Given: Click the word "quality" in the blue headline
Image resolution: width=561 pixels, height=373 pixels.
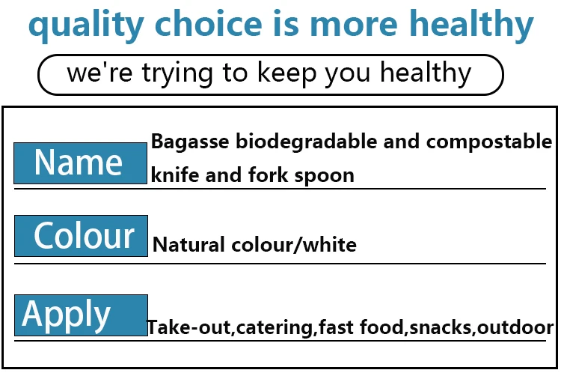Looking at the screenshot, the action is (86, 25).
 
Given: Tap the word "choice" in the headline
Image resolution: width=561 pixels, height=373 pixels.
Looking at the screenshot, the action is (209, 22).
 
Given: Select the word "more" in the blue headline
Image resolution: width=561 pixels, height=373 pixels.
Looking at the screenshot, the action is (354, 25).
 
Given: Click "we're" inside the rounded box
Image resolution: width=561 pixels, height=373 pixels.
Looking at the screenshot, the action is (99, 72).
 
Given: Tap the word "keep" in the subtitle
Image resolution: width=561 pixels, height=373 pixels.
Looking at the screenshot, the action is (287, 74).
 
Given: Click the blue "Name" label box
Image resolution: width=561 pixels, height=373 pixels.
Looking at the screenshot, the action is (81, 163).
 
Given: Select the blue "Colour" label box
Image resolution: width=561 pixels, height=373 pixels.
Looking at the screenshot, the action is (82, 236).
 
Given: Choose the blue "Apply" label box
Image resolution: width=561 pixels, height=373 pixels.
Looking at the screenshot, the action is (82, 315).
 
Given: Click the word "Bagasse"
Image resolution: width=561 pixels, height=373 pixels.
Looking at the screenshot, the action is (190, 142).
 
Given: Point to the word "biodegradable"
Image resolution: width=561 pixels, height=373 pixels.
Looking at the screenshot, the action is (306, 142).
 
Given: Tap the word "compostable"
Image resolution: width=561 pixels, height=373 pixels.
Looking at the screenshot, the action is (489, 142).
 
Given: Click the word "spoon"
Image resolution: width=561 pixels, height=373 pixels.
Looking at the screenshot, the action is (324, 176).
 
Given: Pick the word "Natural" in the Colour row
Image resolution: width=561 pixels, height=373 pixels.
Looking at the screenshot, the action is (189, 244).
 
